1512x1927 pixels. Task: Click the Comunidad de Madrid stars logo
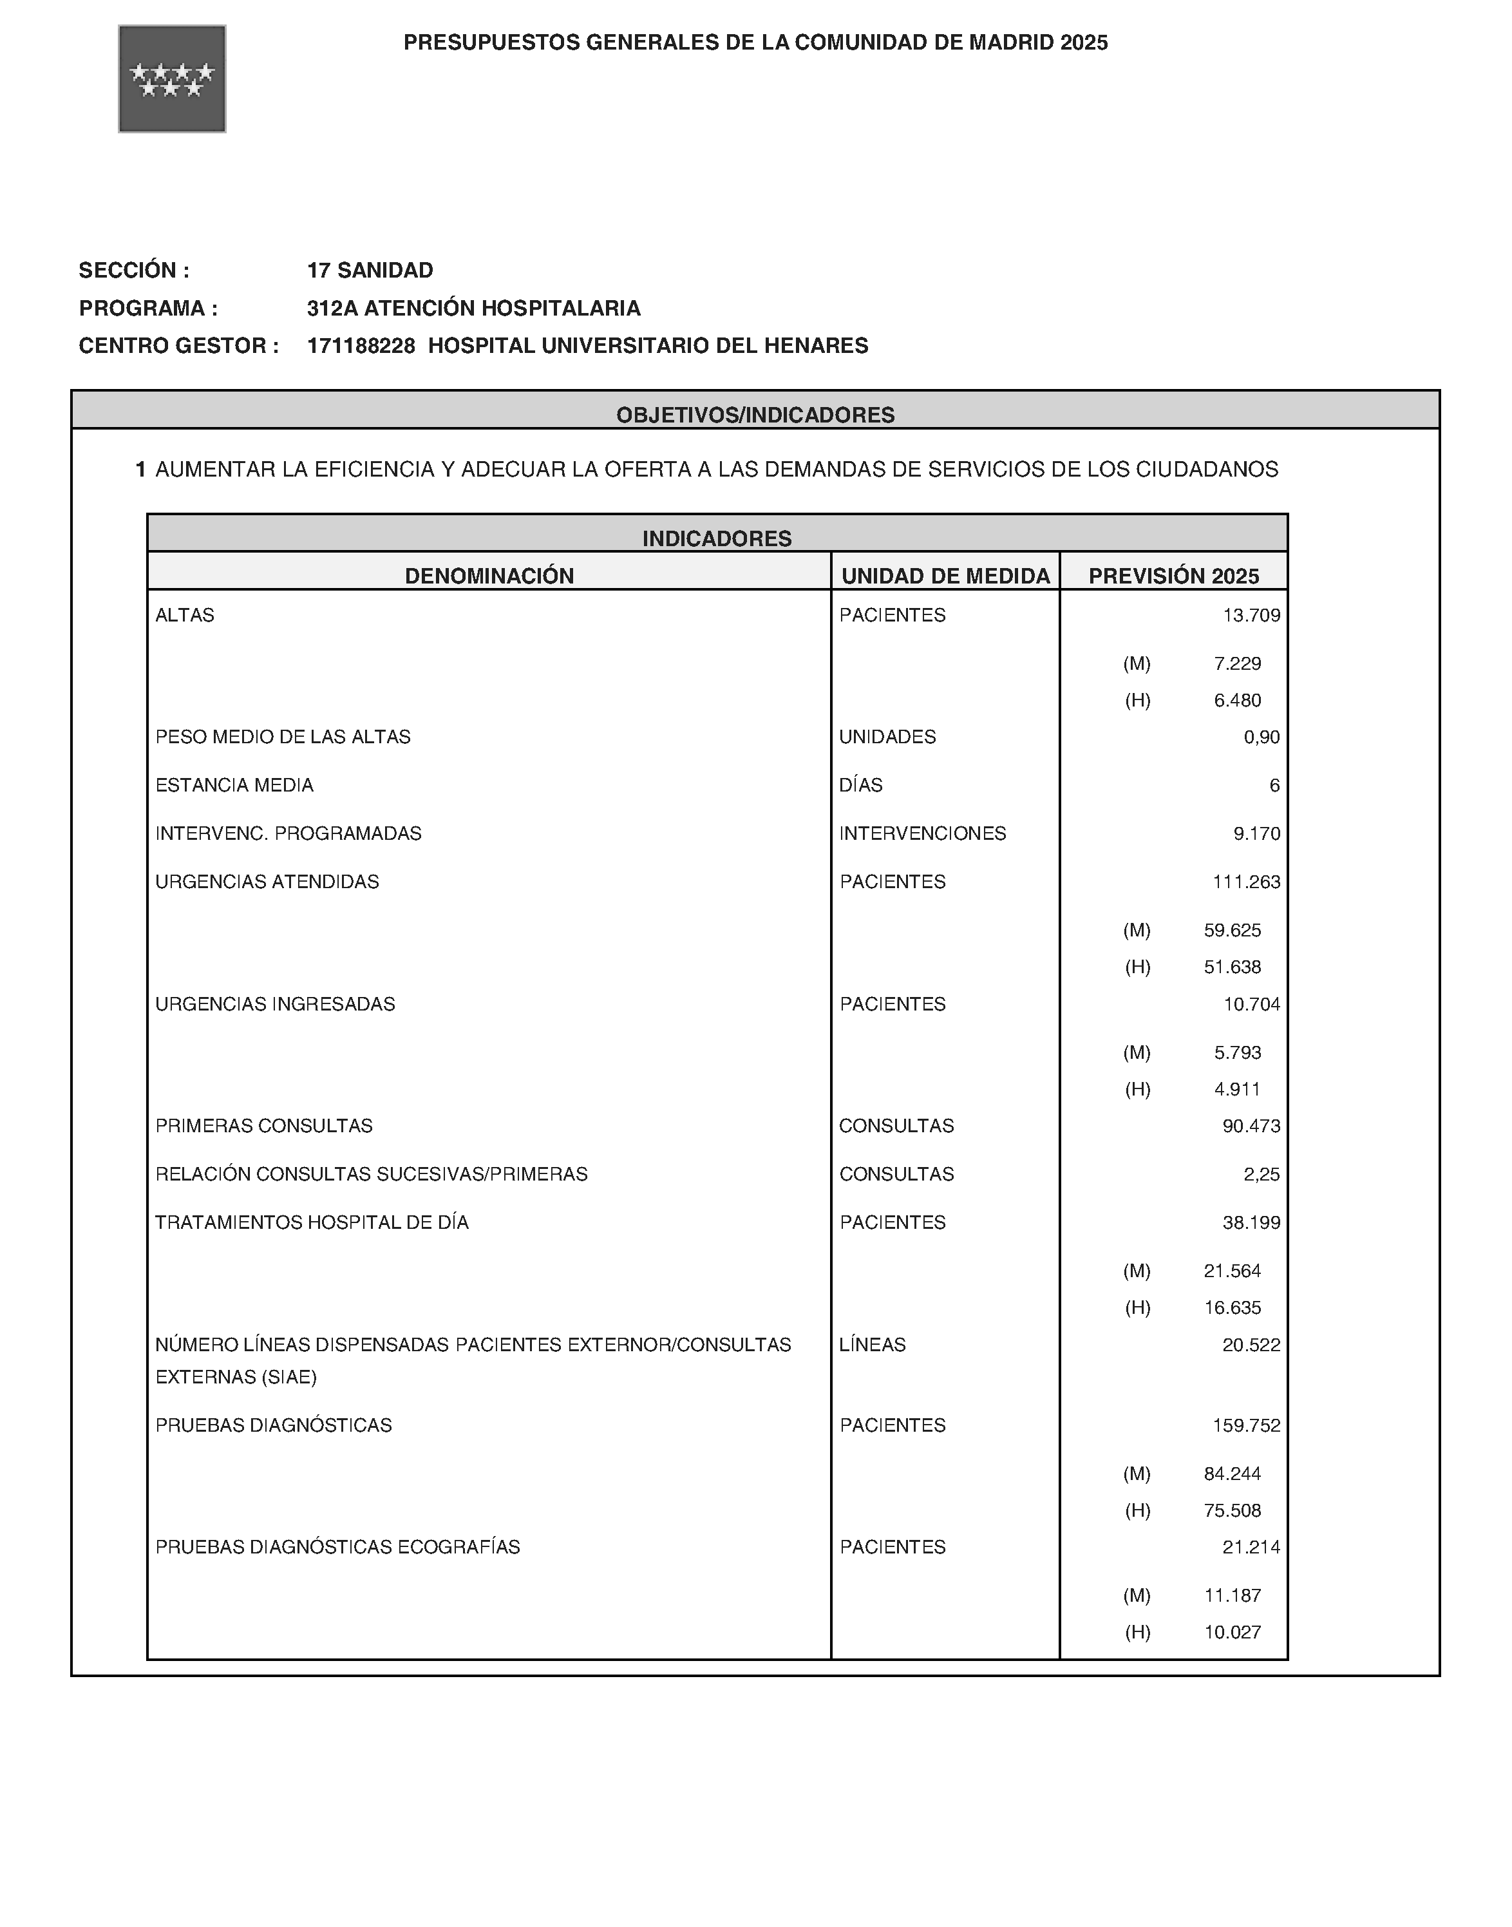(x=172, y=79)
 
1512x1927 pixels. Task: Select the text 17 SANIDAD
(x=370, y=270)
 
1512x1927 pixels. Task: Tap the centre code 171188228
(x=361, y=345)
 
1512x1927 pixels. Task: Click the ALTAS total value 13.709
(x=1251, y=615)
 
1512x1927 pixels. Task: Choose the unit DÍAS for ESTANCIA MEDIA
(x=860, y=785)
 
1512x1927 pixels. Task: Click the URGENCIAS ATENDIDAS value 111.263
(x=1245, y=882)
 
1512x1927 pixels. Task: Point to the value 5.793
(x=1238, y=1052)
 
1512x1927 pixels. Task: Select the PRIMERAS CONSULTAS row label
(x=264, y=1126)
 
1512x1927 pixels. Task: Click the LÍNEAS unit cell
(x=872, y=1345)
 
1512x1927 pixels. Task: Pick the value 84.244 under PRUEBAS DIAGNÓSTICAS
(x=1233, y=1474)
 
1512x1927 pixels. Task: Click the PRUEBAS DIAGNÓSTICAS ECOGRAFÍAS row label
(x=337, y=1546)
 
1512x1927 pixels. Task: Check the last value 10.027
(x=1233, y=1632)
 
